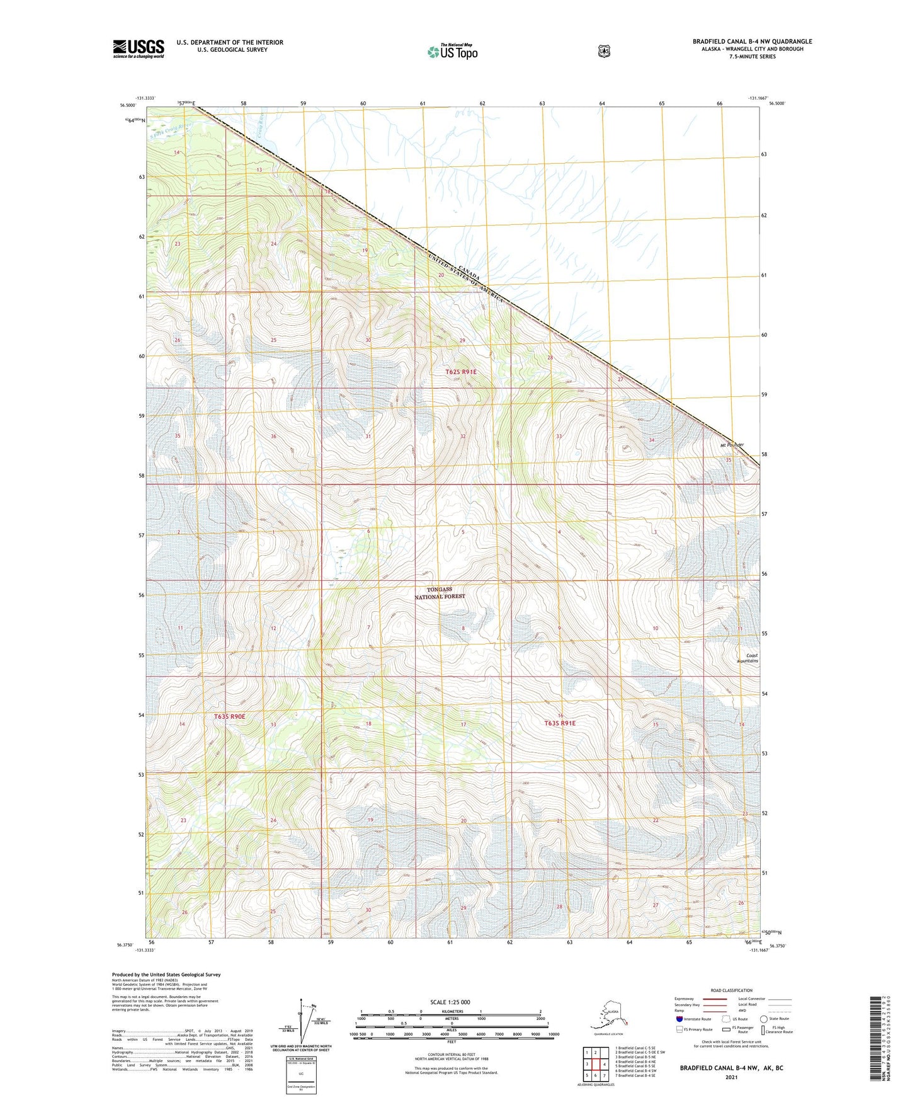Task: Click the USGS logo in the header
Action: pyautogui.click(x=139, y=49)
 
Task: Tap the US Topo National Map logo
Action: pyautogui.click(x=452, y=52)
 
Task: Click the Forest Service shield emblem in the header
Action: pyautogui.click(x=604, y=51)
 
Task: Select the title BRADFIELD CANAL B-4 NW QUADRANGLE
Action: pyautogui.click(x=752, y=42)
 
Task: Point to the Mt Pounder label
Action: pyautogui.click(x=732, y=445)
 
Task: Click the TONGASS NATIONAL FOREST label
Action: pyautogui.click(x=440, y=593)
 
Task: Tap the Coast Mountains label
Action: pyautogui.click(x=748, y=658)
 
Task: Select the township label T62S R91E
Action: pyautogui.click(x=461, y=372)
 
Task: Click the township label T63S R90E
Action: pyautogui.click(x=229, y=716)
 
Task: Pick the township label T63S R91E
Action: pyautogui.click(x=559, y=723)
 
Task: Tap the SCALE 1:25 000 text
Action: pyautogui.click(x=450, y=1002)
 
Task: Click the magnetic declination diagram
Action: pyautogui.click(x=307, y=1021)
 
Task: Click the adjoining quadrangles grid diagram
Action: pyautogui.click(x=595, y=1064)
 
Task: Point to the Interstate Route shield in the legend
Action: pyautogui.click(x=679, y=1019)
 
